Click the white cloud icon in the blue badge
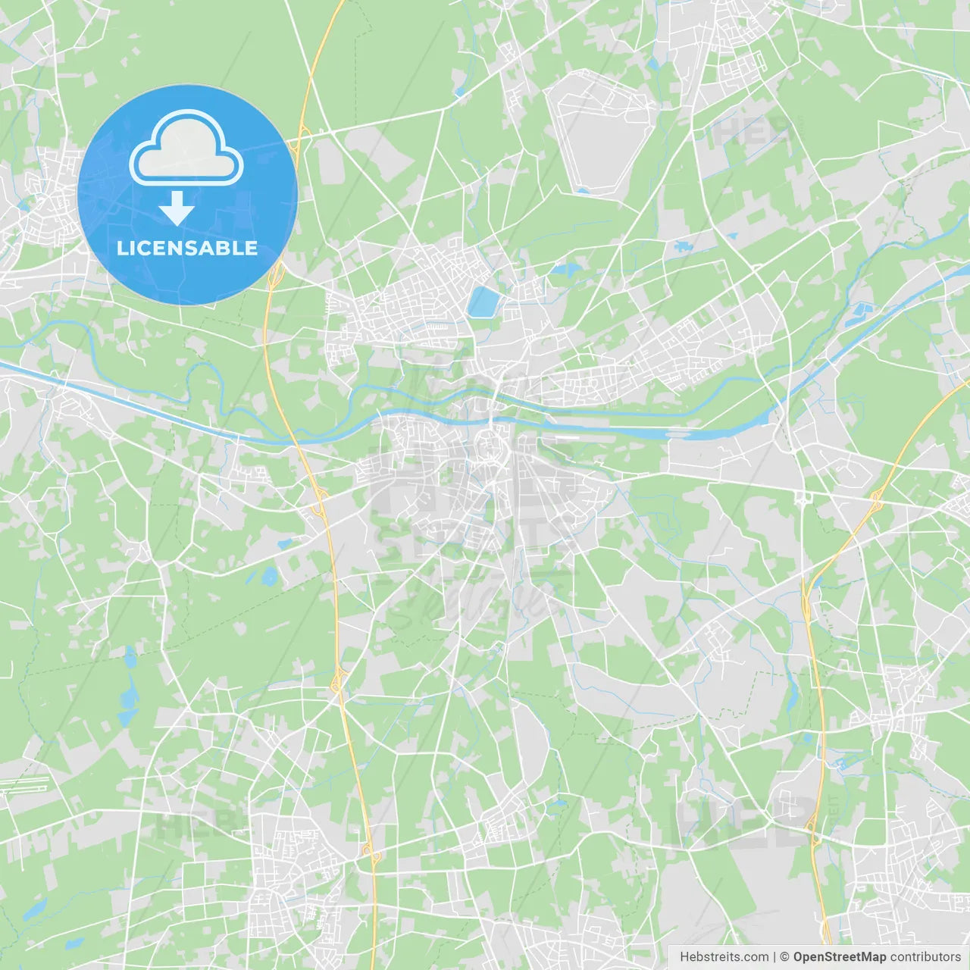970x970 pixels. coord(186,149)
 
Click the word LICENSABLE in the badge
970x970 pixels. coord(187,248)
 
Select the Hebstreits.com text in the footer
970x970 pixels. coord(724,957)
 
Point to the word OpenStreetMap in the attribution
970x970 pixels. coord(839,957)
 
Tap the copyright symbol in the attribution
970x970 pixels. coord(785,957)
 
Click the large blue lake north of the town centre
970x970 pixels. coord(483,302)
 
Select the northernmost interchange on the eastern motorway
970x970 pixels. coord(878,500)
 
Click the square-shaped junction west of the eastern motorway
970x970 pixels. coord(802,498)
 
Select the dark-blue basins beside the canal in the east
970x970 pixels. coord(862,311)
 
